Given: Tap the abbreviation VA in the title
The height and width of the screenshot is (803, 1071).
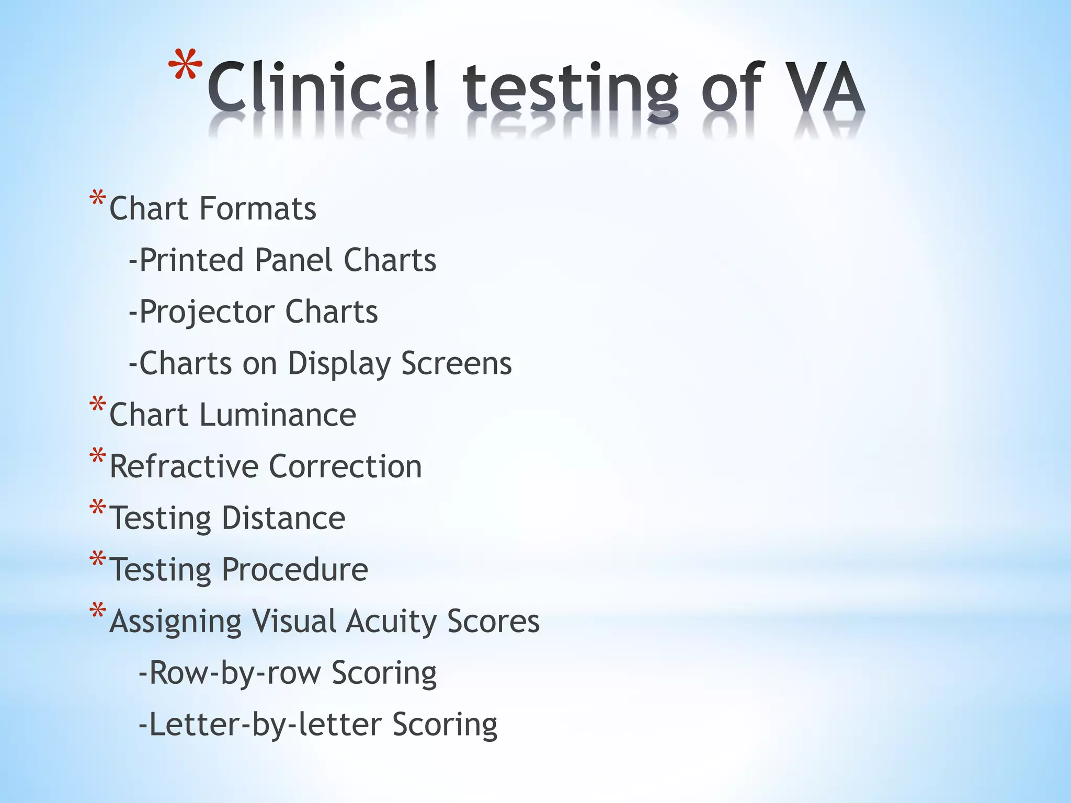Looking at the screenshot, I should (x=827, y=86).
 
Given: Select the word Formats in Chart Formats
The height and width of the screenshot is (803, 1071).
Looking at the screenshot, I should (x=258, y=209).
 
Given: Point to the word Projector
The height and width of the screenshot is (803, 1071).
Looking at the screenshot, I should (x=207, y=312).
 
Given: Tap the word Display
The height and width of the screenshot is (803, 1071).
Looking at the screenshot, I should (x=339, y=363).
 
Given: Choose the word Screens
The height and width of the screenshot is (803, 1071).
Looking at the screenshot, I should (x=457, y=363).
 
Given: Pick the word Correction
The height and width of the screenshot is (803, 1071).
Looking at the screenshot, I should (x=345, y=466).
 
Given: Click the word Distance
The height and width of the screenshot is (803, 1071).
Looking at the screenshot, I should (x=283, y=518).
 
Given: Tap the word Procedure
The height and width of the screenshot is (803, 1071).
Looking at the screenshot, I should (x=295, y=569).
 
